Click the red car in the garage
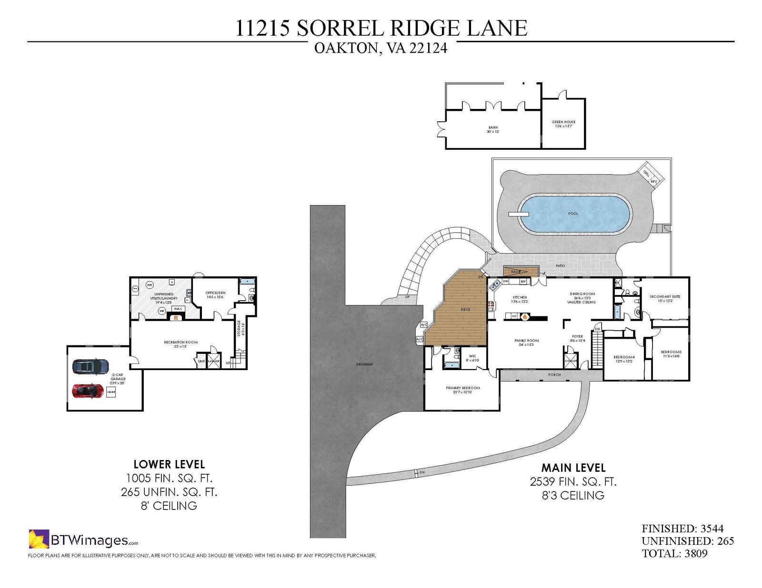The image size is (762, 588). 88,390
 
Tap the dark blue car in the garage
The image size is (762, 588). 90,366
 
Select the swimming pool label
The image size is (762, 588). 573,214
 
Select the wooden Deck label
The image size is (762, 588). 465,309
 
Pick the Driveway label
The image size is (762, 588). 365,364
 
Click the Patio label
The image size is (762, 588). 560,265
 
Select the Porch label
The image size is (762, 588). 554,375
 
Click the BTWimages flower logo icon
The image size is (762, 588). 39,539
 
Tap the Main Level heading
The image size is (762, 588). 573,468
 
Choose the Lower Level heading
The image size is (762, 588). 169,464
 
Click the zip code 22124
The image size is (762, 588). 428,49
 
